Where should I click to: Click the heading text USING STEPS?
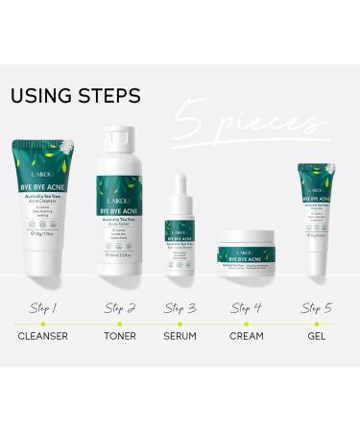(x=75, y=95)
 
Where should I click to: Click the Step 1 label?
(x=42, y=308)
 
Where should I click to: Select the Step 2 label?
(x=119, y=308)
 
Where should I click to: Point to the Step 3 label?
(x=180, y=308)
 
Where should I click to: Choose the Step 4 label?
(x=248, y=308)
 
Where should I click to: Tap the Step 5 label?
(x=317, y=308)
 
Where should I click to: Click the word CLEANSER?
(x=42, y=339)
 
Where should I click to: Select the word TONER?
(x=119, y=339)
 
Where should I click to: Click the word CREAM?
(x=248, y=339)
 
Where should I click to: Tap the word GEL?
(x=317, y=339)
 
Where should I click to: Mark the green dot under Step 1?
(x=42, y=324)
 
